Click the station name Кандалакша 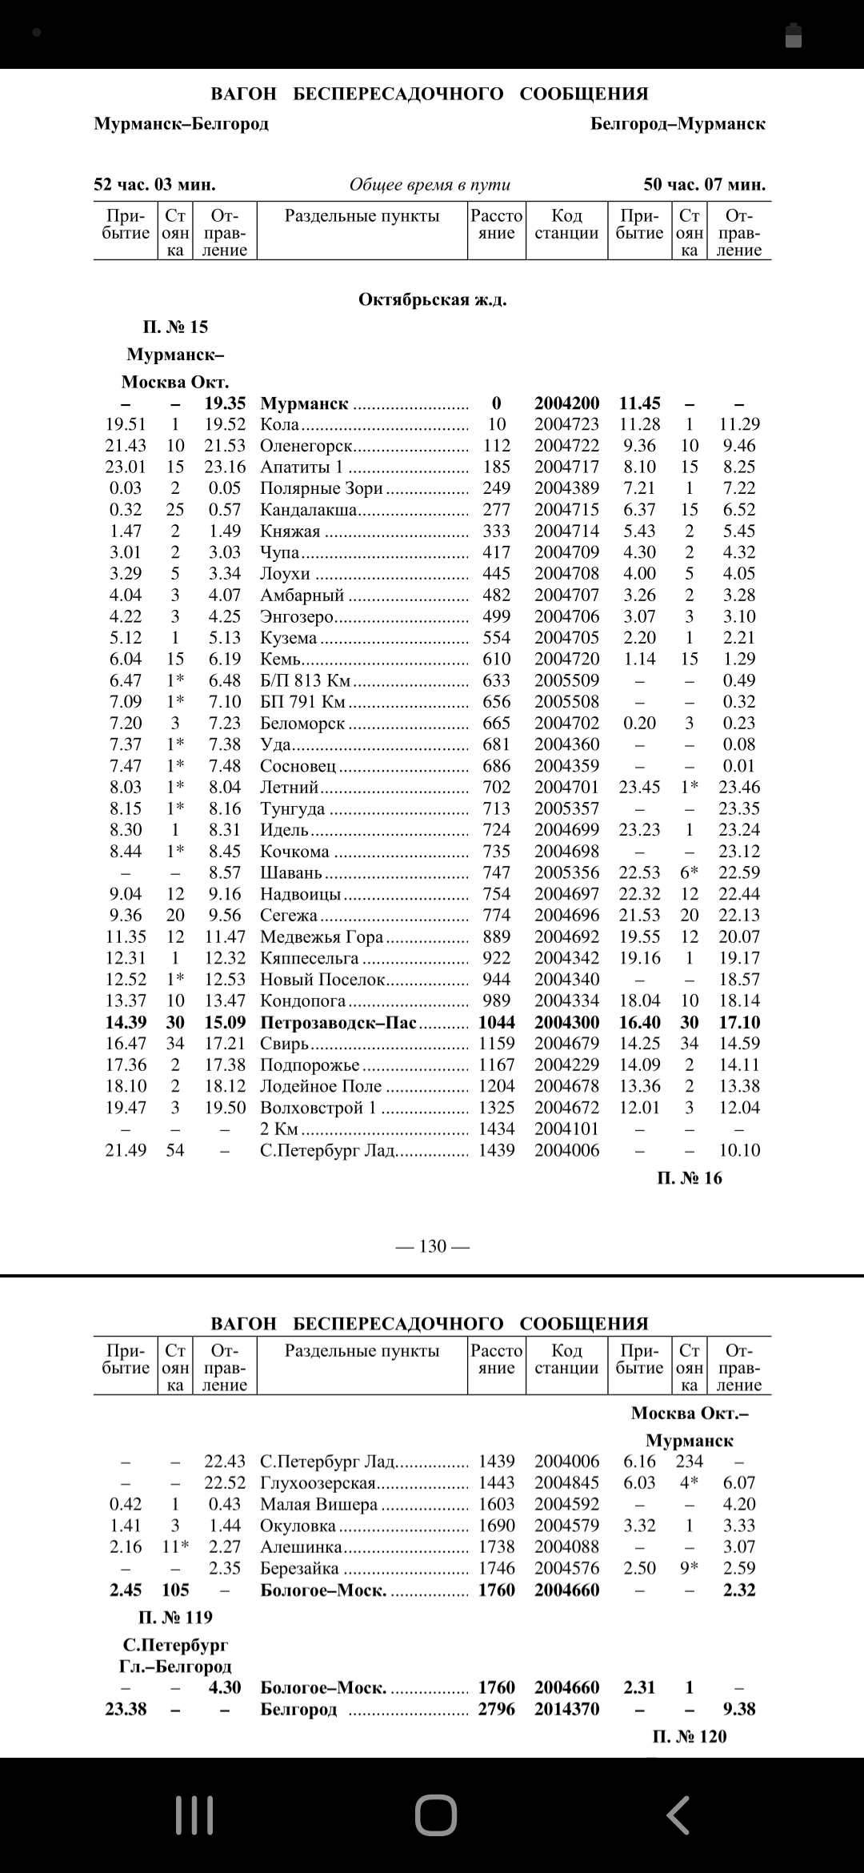tap(308, 510)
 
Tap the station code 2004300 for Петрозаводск tap(566, 1022)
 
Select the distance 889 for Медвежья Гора tap(496, 936)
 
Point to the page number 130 tap(432, 1246)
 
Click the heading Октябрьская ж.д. tap(432, 300)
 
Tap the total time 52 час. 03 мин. tap(154, 185)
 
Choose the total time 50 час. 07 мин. tap(704, 185)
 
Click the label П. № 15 tap(175, 327)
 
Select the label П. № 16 tap(689, 1177)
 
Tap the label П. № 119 tap(175, 1617)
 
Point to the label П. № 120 tap(689, 1736)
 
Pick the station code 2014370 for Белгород tap(566, 1709)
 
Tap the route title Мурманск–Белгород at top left tap(181, 124)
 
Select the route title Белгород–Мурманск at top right tap(678, 124)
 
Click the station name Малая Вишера tap(318, 1504)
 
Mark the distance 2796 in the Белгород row tap(496, 1709)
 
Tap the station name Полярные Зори tap(321, 488)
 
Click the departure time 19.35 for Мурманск tap(225, 403)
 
